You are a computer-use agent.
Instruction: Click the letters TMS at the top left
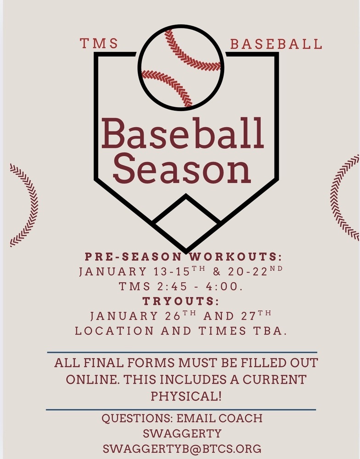(x=99, y=44)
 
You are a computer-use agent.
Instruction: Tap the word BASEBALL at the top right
(x=276, y=44)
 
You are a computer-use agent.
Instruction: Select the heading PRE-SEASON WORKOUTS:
(x=183, y=256)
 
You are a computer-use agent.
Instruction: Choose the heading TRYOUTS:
(x=180, y=301)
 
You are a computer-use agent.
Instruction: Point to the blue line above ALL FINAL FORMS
(x=182, y=353)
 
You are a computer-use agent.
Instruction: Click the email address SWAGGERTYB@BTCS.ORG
(x=182, y=448)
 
